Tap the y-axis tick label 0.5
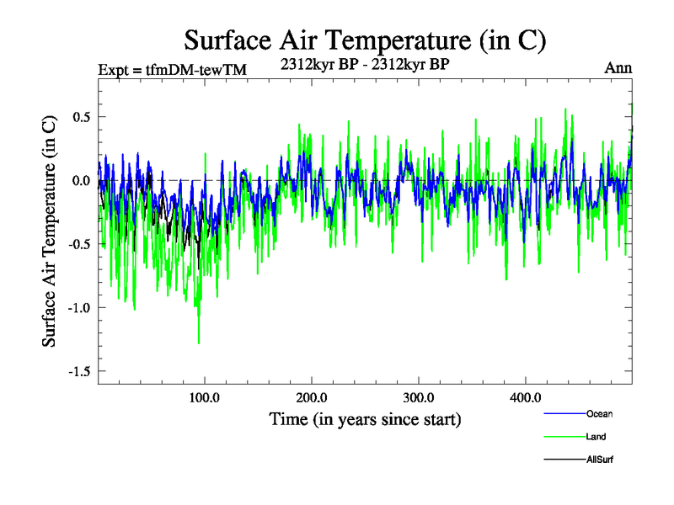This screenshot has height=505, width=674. pyautogui.click(x=81, y=116)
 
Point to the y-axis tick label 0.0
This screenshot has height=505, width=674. pyautogui.click(x=81, y=180)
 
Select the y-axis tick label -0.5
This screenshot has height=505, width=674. pyautogui.click(x=78, y=244)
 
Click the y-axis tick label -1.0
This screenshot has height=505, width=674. pyautogui.click(x=78, y=307)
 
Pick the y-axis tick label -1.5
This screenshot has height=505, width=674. pyautogui.click(x=78, y=371)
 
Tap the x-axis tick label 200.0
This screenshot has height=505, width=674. pyautogui.click(x=312, y=397)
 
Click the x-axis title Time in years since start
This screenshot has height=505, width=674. pyautogui.click(x=365, y=418)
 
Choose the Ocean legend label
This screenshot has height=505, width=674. pyautogui.click(x=601, y=414)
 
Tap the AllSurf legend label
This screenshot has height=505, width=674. pyautogui.click(x=601, y=460)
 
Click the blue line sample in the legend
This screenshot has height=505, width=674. pyautogui.click(x=564, y=414)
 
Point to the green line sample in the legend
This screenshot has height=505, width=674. pyautogui.click(x=564, y=437)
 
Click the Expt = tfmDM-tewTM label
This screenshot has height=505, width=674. pyautogui.click(x=172, y=69)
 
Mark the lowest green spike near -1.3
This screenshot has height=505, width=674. pyautogui.click(x=199, y=342)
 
